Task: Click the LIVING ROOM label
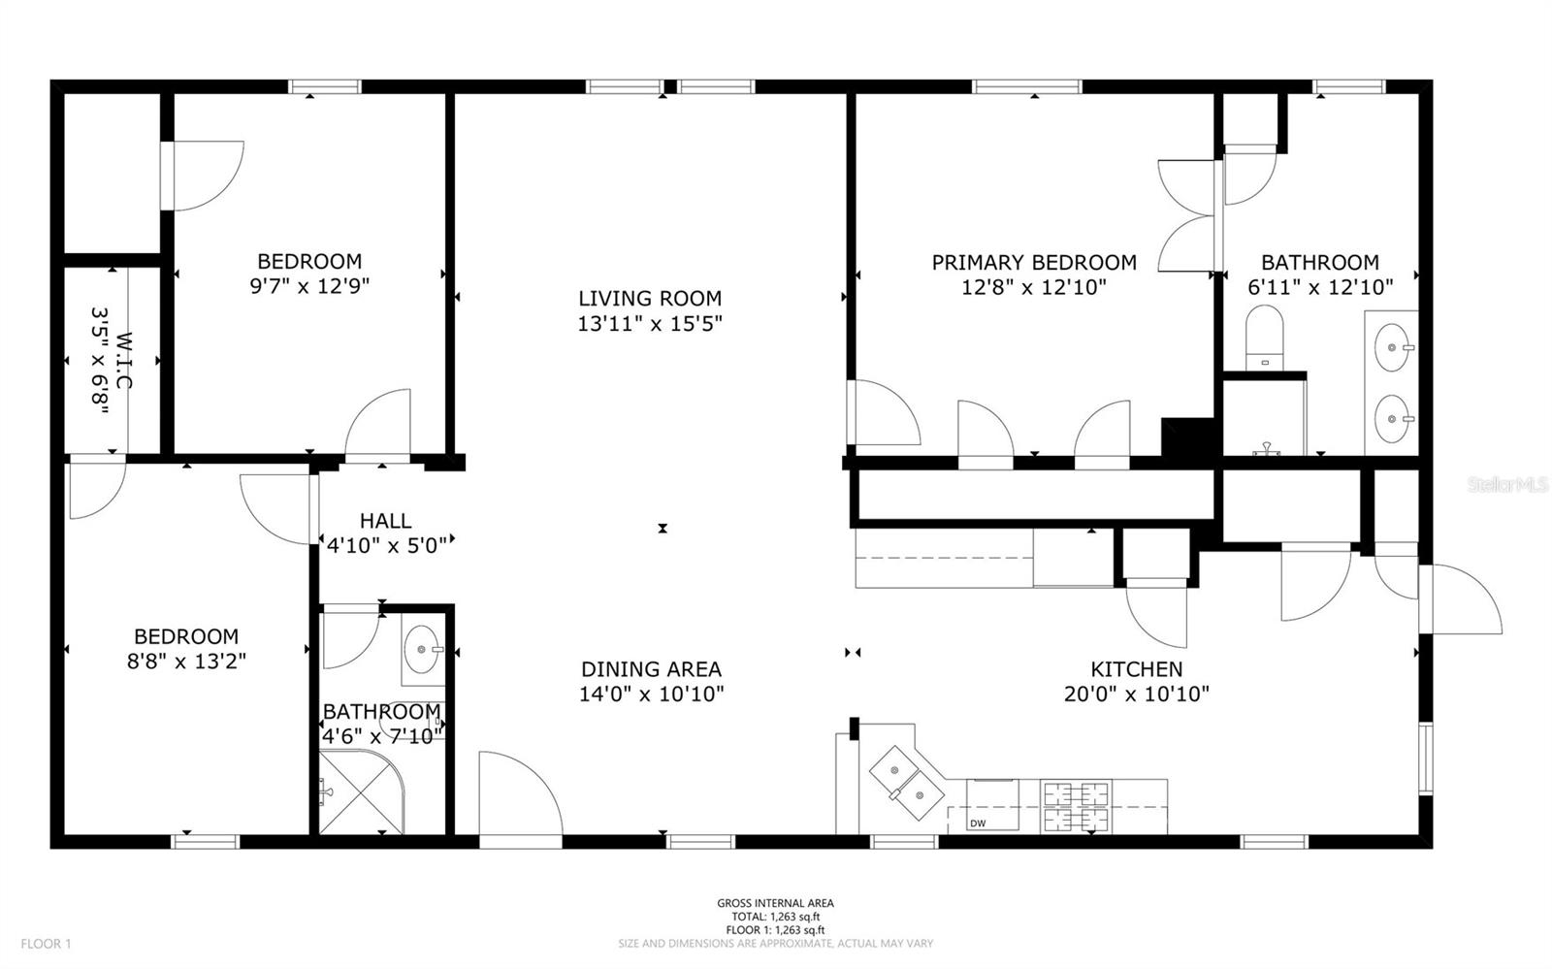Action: point(650,298)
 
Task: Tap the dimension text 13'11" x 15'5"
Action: point(650,323)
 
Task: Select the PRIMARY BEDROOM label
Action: point(1034,262)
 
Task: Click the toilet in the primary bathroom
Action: point(1264,337)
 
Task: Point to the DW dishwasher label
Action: point(977,824)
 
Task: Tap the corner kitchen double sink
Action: point(905,784)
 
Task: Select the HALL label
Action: point(385,521)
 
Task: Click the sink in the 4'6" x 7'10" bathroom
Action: point(421,644)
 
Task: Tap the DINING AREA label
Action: point(651,669)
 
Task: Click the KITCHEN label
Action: point(1136,669)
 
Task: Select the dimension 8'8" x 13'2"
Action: point(186,662)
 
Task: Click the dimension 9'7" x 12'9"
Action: point(309,286)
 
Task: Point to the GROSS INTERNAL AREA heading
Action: point(775,903)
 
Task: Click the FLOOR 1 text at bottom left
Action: point(47,943)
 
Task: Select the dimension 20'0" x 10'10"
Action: point(1136,694)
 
